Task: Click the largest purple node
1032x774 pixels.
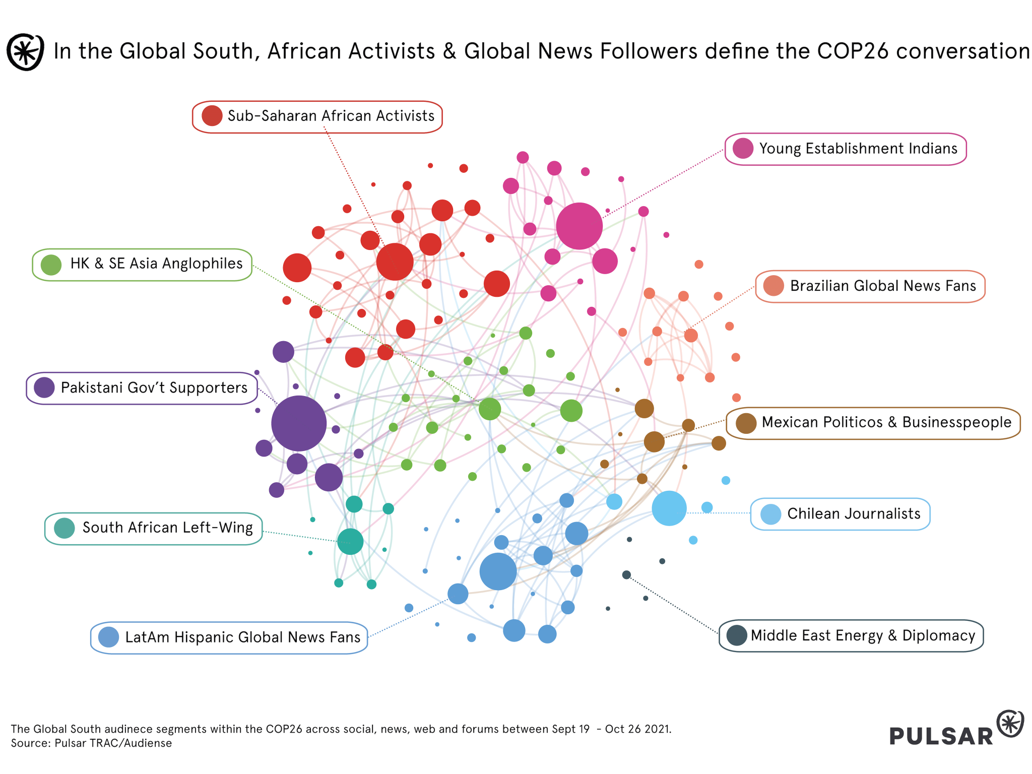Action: (299, 423)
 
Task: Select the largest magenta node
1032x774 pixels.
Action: (579, 226)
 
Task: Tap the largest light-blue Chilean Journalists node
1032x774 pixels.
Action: (669, 508)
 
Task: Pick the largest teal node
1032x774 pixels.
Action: (350, 542)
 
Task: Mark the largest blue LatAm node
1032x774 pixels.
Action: (498, 571)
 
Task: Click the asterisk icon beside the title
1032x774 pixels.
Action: (25, 52)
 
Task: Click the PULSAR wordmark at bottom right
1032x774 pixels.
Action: (941, 736)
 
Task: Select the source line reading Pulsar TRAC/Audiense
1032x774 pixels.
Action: (92, 743)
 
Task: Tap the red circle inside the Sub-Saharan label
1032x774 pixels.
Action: (212, 116)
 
